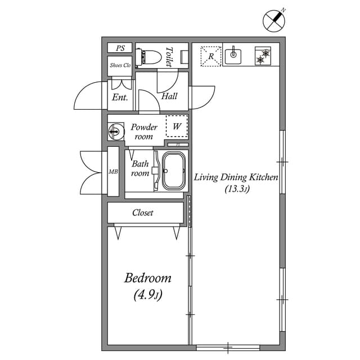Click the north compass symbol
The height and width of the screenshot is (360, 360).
click(274, 21)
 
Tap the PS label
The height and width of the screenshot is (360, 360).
click(120, 48)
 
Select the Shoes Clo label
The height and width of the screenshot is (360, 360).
click(120, 65)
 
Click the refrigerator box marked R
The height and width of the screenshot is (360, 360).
click(211, 56)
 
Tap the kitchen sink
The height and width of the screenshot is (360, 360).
click(233, 55)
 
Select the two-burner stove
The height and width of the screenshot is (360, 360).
click(262, 56)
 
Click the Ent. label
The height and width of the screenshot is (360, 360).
click(120, 97)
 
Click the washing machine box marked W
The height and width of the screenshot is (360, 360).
click(177, 127)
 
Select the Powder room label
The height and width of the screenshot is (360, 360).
click(144, 132)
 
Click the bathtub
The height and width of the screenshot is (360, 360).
click(174, 171)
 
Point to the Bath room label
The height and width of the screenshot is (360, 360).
click(140, 169)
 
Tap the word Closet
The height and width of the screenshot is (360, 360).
click(143, 213)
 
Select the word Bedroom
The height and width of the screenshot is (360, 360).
click(148, 278)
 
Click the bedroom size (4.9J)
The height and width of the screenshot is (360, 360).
click(148, 294)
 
